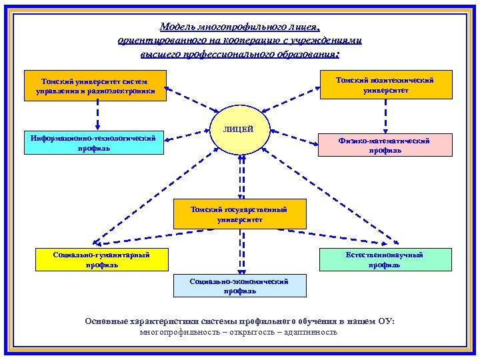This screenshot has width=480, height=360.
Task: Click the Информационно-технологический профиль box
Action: tap(94, 143)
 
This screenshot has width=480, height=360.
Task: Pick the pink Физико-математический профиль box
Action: tap(385, 145)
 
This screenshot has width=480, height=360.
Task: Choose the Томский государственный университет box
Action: tap(239, 214)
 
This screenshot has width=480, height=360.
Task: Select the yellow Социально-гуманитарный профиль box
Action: tap(102, 259)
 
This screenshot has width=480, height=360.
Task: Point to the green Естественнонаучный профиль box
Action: tap(385, 259)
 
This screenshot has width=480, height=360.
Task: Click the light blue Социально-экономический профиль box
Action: tap(239, 286)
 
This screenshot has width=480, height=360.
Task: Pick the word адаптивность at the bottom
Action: tap(309, 332)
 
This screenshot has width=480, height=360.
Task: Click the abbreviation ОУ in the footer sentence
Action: tap(386, 321)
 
